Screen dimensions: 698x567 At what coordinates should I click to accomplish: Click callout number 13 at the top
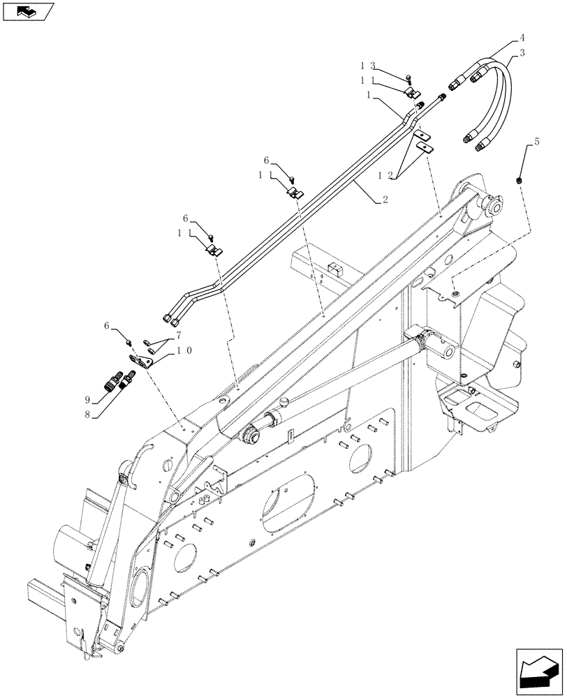368,65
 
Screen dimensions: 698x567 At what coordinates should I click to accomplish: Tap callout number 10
184,352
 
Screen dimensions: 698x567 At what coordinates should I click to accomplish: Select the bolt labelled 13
408,77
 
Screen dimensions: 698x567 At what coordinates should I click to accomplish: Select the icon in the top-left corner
28,11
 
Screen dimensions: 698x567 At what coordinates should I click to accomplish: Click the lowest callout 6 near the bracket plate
108,326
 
